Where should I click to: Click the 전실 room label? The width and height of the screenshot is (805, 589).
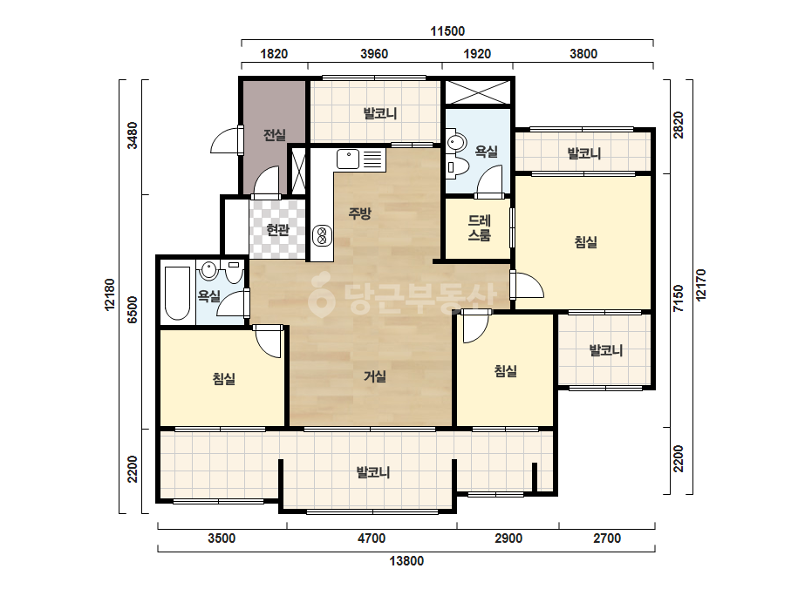click(275, 135)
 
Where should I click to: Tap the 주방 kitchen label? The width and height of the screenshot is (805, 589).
click(359, 213)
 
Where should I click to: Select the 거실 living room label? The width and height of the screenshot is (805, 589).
click(375, 376)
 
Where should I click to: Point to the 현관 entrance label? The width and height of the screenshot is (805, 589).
click(277, 229)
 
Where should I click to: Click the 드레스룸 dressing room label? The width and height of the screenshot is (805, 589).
click(479, 227)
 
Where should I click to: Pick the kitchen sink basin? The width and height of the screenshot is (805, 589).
click(348, 159)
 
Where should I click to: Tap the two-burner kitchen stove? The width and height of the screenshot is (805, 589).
click(322, 235)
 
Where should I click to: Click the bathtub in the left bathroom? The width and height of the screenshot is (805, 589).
click(177, 293)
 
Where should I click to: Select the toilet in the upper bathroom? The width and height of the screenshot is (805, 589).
click(458, 166)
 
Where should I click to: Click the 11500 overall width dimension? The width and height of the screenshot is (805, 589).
click(447, 31)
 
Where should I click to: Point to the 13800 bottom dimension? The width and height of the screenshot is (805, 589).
click(406, 561)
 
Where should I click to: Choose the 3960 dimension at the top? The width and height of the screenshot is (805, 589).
click(374, 54)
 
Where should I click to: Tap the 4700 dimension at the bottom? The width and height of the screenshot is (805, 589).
click(372, 538)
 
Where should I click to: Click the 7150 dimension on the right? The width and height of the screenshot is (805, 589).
click(679, 299)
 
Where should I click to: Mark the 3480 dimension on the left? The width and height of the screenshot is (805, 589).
click(133, 135)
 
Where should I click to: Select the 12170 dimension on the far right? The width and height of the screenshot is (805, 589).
click(701, 285)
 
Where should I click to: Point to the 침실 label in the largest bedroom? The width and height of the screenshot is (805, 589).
click(586, 241)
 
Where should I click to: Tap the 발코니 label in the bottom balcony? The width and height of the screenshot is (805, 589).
click(373, 472)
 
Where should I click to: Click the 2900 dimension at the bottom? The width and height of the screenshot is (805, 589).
click(508, 538)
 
